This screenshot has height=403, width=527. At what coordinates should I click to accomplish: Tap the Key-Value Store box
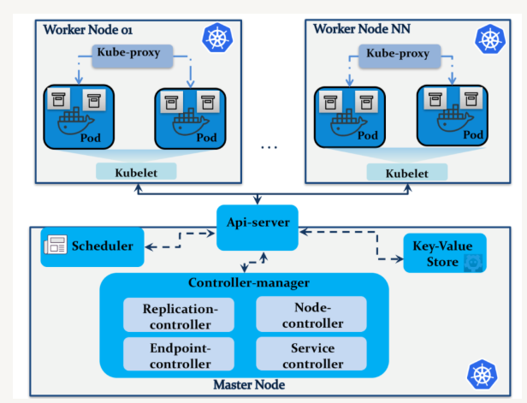click(x=444, y=252)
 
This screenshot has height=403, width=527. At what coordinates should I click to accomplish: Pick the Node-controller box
click(x=311, y=315)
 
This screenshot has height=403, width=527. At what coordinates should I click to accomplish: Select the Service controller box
click(x=311, y=353)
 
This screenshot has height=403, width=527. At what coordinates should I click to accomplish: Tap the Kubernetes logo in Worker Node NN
click(x=489, y=38)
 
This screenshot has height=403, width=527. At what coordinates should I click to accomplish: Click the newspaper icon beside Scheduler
click(x=56, y=246)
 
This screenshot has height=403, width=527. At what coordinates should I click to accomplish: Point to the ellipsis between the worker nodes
click(x=269, y=146)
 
